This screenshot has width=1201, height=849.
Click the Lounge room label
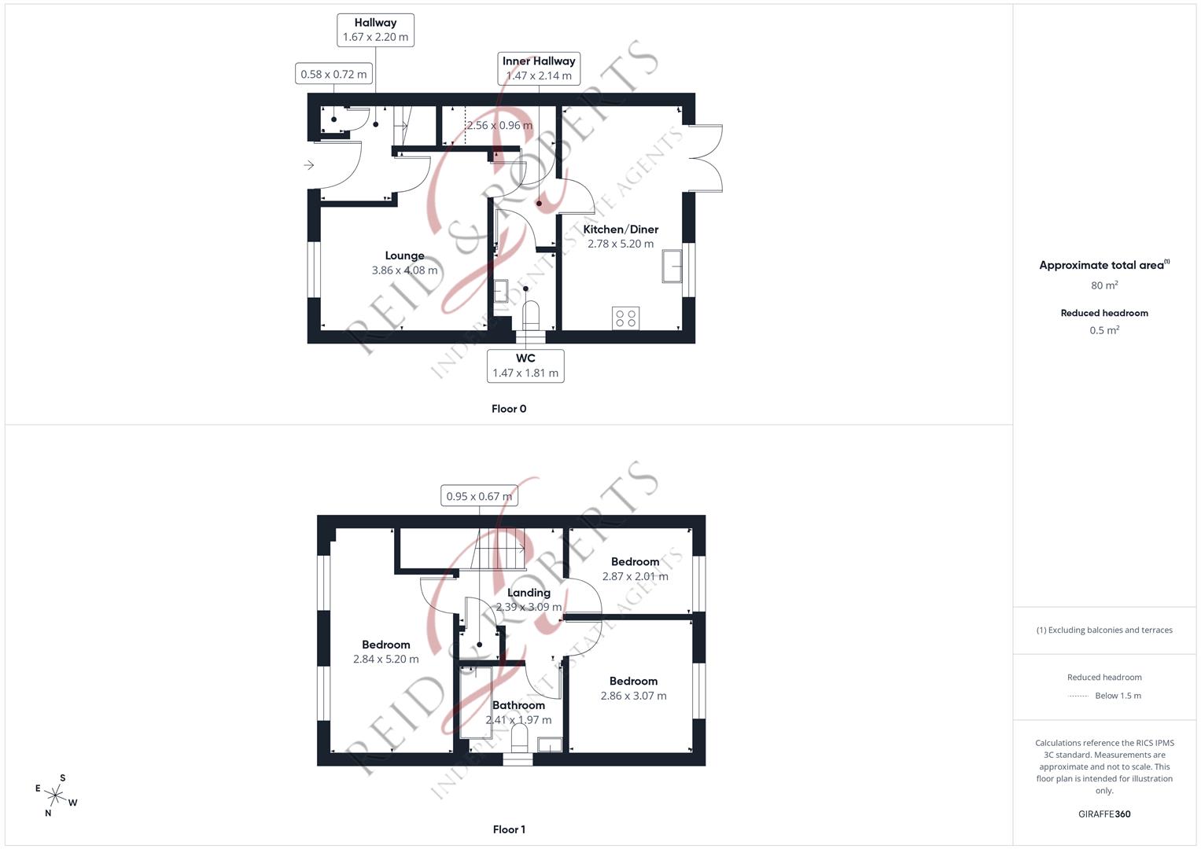[x=404, y=255]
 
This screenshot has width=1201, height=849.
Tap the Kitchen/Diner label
[x=621, y=230]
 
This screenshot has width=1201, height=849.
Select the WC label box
[x=525, y=366]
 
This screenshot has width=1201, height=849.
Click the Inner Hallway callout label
[x=539, y=68]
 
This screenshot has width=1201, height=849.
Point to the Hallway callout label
[x=375, y=30]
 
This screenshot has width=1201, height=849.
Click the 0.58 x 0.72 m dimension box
[x=333, y=75]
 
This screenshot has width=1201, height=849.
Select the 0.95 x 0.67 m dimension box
[x=479, y=496]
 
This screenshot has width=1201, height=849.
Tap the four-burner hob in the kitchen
[x=626, y=318]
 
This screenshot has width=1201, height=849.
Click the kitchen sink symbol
[x=672, y=266]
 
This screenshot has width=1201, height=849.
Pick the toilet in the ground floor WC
[x=532, y=315]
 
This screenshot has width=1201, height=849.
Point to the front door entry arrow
[x=309, y=165]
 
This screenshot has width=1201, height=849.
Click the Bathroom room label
[x=518, y=705]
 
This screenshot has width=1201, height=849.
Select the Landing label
[x=529, y=593]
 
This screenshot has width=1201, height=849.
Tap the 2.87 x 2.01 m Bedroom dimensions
[x=635, y=576]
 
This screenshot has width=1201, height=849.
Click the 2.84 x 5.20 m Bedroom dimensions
[x=386, y=660]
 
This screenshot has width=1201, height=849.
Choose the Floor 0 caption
[x=509, y=409]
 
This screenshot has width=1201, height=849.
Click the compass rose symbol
[x=56, y=796]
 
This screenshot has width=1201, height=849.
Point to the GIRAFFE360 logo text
[x=1104, y=814]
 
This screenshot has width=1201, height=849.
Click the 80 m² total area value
[x=1104, y=285]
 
